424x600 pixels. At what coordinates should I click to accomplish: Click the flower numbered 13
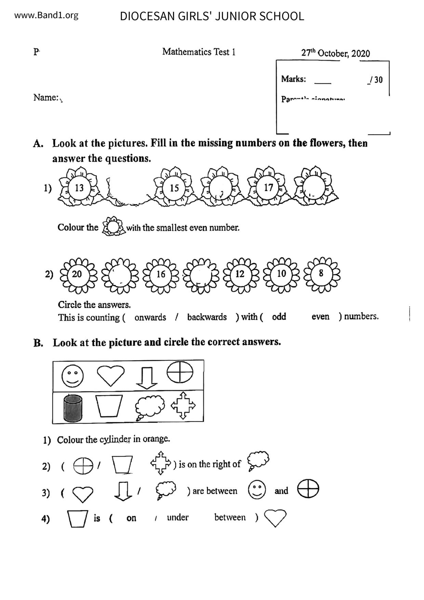pos(79,188)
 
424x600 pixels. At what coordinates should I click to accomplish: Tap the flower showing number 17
pos(268,187)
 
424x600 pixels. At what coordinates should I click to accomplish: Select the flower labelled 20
pos(77,274)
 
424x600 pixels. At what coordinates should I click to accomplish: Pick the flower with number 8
pos(321,274)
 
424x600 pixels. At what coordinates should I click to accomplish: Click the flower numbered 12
pos(240,274)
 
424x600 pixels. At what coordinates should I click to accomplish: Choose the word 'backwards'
pos(207,317)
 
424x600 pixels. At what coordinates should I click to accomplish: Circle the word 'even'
pos(320,317)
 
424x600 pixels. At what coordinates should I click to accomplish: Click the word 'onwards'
pos(150,317)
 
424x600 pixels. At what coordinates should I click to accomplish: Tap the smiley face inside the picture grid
pos(72,375)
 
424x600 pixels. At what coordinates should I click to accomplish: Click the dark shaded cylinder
pos(73,407)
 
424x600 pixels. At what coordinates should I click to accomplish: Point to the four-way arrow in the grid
pos(183,406)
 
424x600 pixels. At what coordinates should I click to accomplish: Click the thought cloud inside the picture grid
pos(149,407)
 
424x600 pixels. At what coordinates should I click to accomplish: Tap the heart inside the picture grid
pos(110,375)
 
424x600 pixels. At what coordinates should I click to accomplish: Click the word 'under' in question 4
pos(177,518)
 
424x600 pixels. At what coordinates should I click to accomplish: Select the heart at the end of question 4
pos(275,518)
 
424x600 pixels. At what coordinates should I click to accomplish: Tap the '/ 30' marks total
pos(376,80)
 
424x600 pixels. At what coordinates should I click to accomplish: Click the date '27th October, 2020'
pos(335,53)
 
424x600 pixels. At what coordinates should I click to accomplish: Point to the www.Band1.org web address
pos(47,15)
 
